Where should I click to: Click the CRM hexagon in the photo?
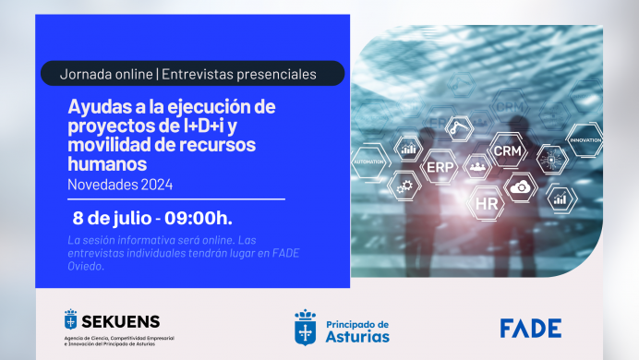pos(508,150)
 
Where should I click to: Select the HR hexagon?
pos(486,201)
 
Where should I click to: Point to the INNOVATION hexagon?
pos(584,140)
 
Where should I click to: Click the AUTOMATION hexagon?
pos(371,160)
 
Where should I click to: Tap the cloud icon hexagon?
pos(522,187)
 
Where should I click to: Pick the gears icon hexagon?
pos(404,186)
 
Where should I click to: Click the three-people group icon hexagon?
pos(477,167)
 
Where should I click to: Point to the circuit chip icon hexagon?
pos(550,159)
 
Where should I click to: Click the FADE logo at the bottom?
pos(529,328)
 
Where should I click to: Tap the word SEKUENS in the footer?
pos(121,321)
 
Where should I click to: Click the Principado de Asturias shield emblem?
pos(305,327)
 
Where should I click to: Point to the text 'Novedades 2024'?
pos(120,184)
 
